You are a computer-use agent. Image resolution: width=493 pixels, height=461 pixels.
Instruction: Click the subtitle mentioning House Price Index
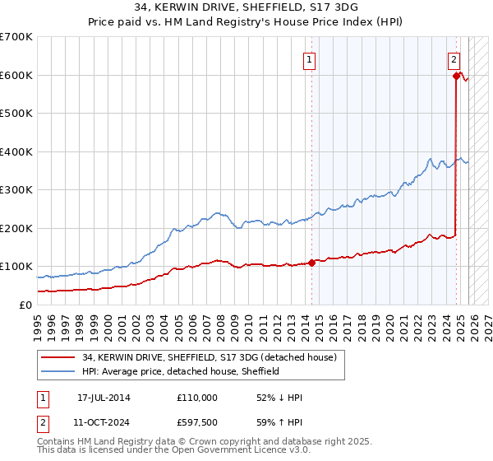246,22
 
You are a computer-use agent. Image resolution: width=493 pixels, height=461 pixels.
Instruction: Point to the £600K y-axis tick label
16,75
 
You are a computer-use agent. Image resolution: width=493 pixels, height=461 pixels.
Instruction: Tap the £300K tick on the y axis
16,190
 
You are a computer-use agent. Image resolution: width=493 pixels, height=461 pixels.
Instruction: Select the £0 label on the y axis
25,305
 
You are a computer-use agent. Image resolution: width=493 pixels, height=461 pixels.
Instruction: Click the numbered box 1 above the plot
311,58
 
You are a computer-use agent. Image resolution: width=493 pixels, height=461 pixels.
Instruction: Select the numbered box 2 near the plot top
454,58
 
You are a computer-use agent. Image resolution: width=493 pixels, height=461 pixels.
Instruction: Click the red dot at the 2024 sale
456,77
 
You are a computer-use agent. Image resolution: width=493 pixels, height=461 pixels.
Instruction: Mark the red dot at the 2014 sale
312,263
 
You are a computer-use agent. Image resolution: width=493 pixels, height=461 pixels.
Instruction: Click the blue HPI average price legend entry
181,372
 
